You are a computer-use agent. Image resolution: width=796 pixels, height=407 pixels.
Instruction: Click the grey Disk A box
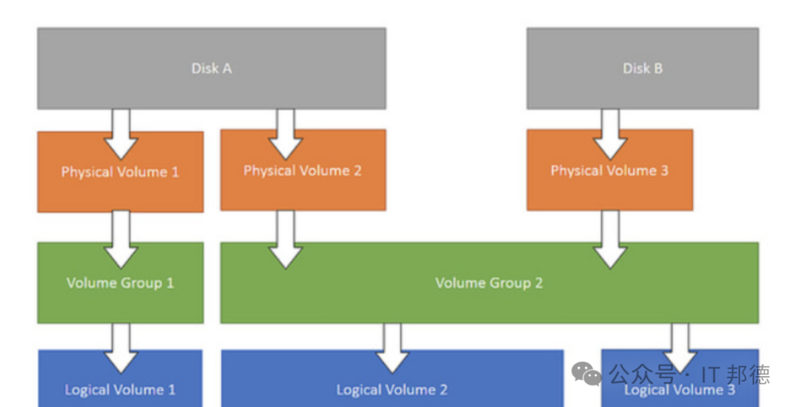point(212,68)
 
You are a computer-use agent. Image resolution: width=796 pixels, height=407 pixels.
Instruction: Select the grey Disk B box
point(643,68)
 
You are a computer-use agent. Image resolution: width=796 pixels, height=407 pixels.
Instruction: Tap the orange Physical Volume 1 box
point(120,171)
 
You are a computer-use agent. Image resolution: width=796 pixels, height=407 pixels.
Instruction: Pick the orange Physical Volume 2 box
point(303,170)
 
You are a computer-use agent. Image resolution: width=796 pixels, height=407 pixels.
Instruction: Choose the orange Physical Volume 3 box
point(610,170)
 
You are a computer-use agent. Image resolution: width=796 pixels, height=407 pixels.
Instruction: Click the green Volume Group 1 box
point(120,283)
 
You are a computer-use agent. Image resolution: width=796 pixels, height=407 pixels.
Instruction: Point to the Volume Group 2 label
point(489,283)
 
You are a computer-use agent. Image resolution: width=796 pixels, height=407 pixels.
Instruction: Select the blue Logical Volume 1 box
point(120,378)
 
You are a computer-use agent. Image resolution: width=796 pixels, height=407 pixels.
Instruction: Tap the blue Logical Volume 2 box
point(392,378)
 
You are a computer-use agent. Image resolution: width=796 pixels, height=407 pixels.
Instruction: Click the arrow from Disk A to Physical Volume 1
point(120,134)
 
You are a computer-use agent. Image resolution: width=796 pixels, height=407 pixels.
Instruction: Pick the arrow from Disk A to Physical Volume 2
point(285,134)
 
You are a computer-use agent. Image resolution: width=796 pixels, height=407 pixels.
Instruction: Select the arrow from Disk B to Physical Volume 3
point(610,134)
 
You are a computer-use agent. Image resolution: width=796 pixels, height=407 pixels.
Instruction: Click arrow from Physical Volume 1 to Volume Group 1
point(120,239)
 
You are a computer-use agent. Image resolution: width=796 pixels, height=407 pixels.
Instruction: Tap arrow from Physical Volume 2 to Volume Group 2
point(285,239)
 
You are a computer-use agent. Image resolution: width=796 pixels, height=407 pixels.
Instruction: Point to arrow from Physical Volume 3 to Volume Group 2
point(610,239)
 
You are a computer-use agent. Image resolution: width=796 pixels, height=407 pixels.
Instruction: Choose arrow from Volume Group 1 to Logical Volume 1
point(120,348)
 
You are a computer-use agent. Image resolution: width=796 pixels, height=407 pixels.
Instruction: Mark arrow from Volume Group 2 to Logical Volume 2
point(392,348)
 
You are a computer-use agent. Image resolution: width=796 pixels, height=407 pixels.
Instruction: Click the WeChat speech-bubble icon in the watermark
point(587,374)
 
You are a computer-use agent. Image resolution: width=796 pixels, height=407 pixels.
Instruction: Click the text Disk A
point(212,68)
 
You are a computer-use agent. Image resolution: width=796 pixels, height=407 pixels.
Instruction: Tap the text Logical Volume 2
point(392,390)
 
